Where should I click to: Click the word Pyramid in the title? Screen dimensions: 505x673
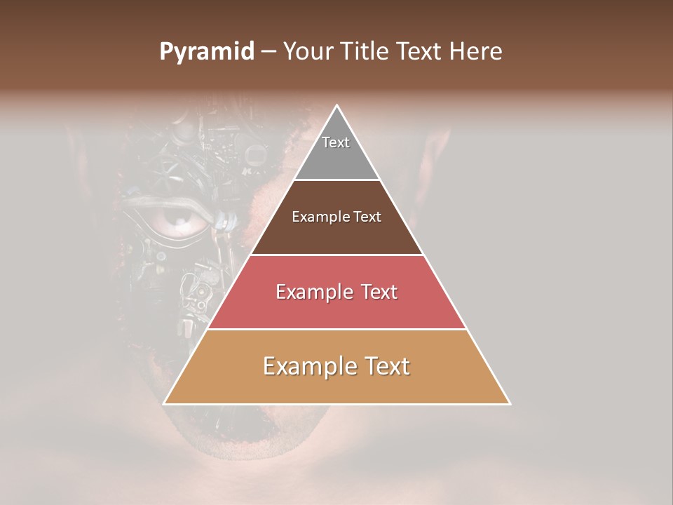tap(207, 52)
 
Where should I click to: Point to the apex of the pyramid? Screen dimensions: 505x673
tap(337, 107)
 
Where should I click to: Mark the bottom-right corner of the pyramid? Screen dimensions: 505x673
tap(509, 403)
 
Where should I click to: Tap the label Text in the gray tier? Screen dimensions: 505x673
tap(336, 142)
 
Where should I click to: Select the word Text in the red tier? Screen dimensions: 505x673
tap(376, 292)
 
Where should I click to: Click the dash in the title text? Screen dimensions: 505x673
tap(268, 53)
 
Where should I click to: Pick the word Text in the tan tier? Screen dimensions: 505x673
tap(388, 366)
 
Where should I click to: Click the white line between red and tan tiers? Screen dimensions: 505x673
tap(336, 329)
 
